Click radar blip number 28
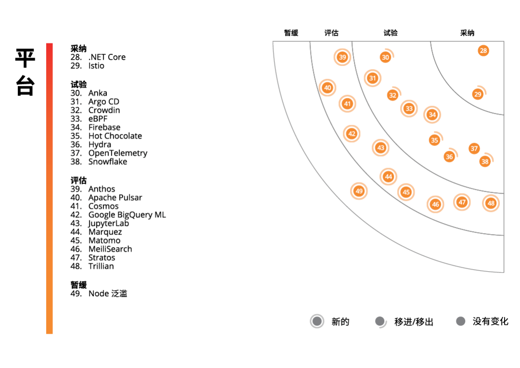pos(483,51)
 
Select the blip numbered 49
pos(359,191)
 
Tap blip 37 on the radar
pos(474,148)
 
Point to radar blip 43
pos(381,148)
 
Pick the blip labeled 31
pos(372,78)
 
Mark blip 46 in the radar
pos(436,204)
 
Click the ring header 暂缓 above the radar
pos(291,33)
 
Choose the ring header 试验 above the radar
pos(390,33)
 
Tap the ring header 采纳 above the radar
pos(467,33)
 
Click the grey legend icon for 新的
pos(317,321)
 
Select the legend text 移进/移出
pos(414,322)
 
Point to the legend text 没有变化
pos(490,321)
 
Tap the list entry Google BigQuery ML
pos(127,215)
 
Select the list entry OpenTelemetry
pos(117,153)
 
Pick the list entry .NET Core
pos(107,57)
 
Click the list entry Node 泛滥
pos(107,293)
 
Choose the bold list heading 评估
pos(78,180)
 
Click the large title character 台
pos(25,85)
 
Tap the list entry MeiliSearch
pos(110,249)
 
